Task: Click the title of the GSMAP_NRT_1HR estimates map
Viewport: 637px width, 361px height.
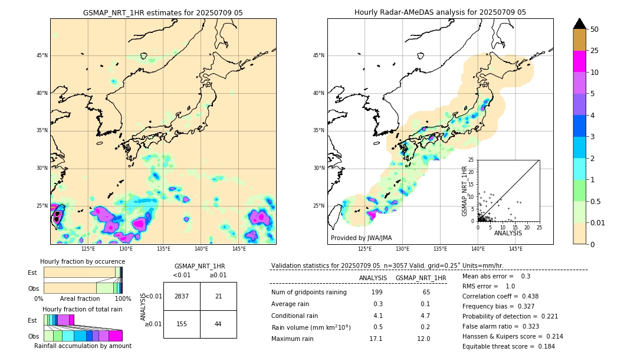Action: tap(163, 12)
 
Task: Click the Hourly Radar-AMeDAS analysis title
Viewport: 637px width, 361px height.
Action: tap(440, 12)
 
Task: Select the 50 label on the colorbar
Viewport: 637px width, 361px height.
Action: tap(595, 29)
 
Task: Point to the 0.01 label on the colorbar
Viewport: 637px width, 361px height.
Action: tap(598, 222)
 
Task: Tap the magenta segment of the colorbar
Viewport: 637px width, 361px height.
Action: tap(580, 61)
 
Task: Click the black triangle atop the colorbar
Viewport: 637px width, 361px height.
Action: tap(580, 24)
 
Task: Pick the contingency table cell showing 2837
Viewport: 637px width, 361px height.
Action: tap(182, 296)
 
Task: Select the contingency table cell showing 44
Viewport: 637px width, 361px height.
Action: tap(218, 324)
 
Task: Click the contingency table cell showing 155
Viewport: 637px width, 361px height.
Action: tap(182, 324)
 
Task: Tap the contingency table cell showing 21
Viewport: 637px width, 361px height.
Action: tap(218, 296)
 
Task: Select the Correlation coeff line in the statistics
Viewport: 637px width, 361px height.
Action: tap(501, 296)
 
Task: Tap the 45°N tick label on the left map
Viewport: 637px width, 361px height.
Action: tap(42, 55)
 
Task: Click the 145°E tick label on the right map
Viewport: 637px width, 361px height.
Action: tap(515, 249)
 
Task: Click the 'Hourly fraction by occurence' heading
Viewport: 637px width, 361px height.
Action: tap(83, 261)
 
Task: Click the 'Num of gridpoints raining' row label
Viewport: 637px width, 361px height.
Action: tap(308, 293)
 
